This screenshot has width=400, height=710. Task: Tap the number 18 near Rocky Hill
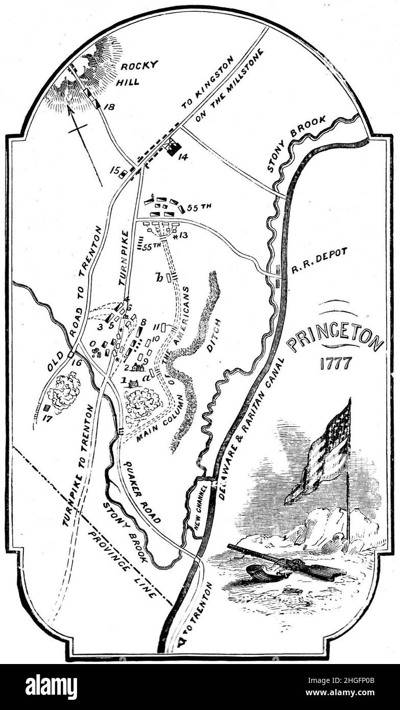109,106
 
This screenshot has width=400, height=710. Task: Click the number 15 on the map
114,169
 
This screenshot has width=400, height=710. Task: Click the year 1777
336,363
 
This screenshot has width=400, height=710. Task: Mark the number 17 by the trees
47,420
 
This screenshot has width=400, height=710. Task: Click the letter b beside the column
160,277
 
